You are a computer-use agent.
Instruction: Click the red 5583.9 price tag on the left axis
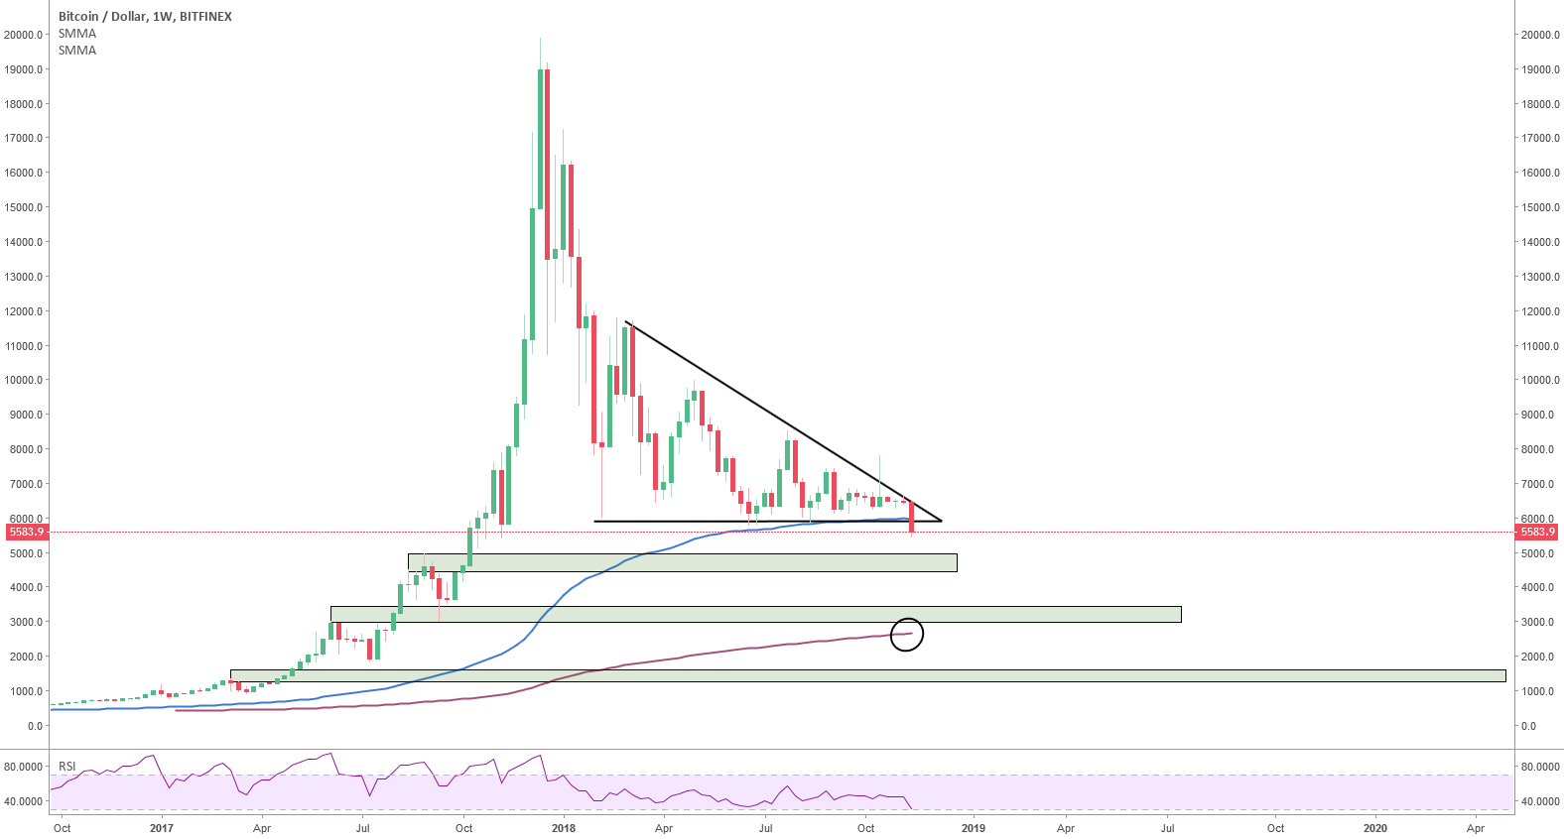tap(27, 533)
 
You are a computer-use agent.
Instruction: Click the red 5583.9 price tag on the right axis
tap(1537, 533)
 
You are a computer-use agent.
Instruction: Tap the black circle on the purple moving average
tap(907, 635)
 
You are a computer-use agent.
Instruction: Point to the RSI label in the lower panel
tap(67, 767)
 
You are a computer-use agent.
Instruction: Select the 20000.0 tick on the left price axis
tap(24, 35)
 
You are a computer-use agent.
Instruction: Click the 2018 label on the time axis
tap(564, 828)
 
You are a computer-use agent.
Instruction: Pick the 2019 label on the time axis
tap(974, 828)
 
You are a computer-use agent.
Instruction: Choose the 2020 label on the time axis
tap(1375, 828)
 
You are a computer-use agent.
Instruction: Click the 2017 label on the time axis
tap(162, 828)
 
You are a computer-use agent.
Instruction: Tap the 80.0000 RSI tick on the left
tap(24, 767)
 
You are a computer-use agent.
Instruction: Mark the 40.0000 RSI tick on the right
tap(1540, 801)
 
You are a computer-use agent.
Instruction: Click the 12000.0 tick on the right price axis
tap(1540, 311)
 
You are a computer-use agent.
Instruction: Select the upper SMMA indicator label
tap(77, 34)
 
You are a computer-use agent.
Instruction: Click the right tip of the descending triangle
tap(941, 521)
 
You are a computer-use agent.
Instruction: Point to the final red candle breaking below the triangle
tap(911, 518)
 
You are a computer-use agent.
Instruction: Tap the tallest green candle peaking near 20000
tap(541, 139)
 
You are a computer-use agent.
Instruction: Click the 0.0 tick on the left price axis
tap(35, 726)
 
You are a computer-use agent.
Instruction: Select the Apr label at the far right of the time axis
tap(1476, 828)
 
